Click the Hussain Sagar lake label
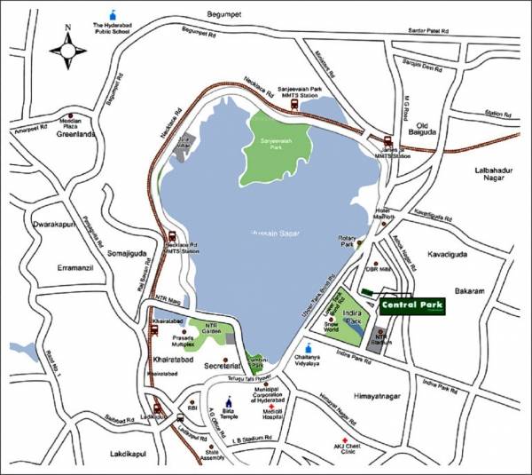275,232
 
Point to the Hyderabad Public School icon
111,15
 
